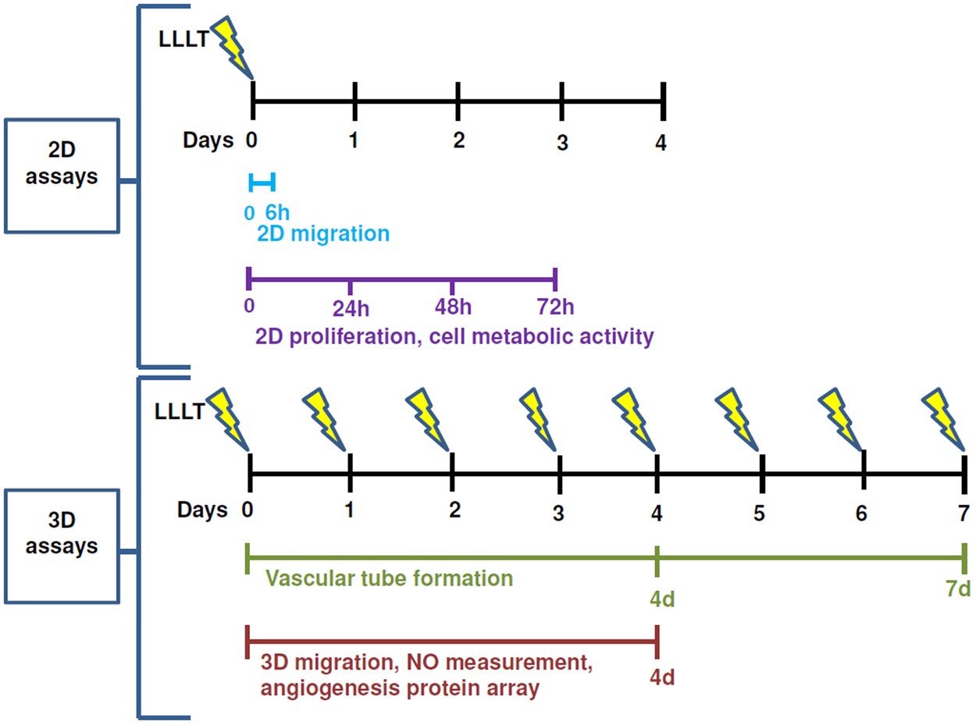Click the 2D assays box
[62, 176]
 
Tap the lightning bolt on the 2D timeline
[233, 45]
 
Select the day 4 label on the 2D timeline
[661, 144]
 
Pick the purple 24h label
[351, 308]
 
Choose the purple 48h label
[453, 308]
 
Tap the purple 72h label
[555, 307]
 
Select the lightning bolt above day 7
[946, 421]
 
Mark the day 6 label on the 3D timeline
[860, 514]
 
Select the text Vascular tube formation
[389, 579]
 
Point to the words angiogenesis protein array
[399, 690]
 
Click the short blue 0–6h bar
[262, 183]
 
